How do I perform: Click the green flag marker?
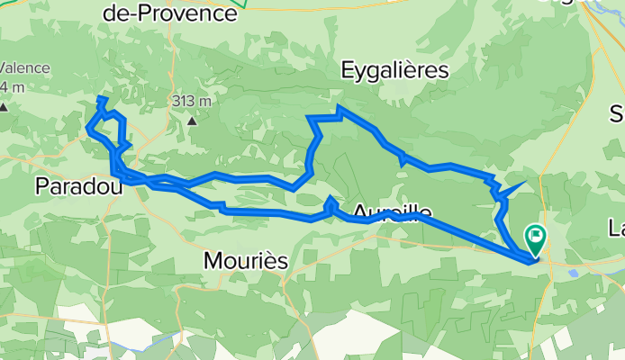pos(535,238)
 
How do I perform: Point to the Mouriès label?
pos(245,261)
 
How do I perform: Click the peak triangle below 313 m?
pos(192,118)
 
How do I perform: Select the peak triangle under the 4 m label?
pos(4,107)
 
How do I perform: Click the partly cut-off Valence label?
pos(18,67)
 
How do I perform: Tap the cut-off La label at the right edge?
pos(616,225)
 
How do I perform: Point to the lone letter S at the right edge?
pos(617,114)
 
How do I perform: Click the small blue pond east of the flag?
pos(574,265)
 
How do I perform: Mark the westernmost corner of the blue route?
pos(87,128)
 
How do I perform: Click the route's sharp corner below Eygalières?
pos(338,107)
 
